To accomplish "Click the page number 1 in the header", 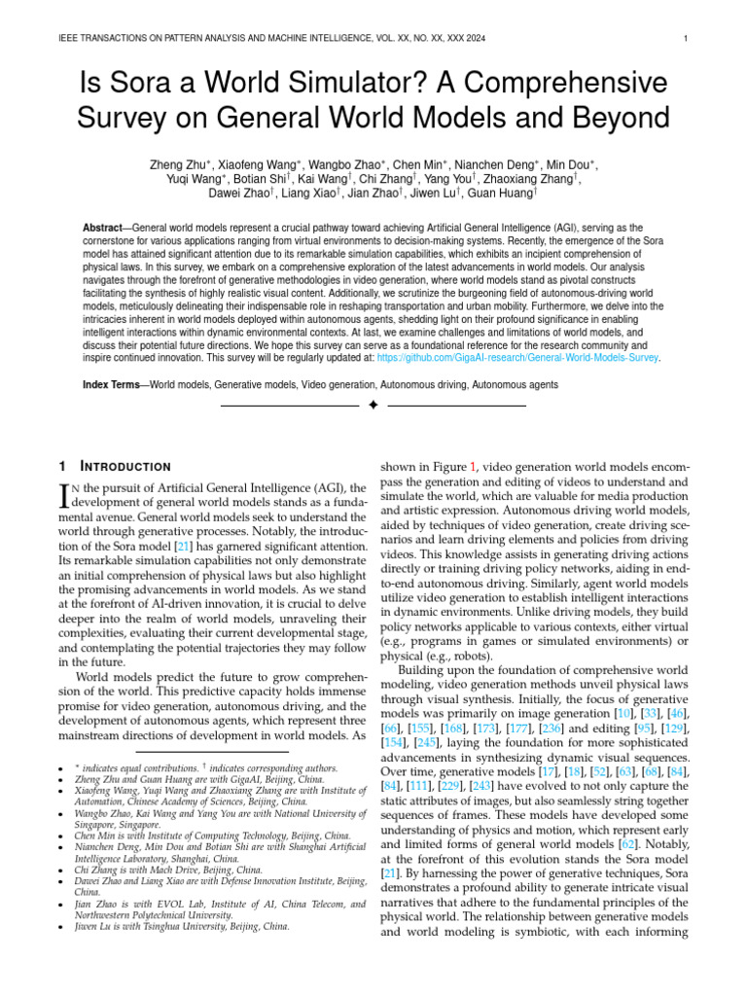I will tap(687, 39).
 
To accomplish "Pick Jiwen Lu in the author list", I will tap(434, 193).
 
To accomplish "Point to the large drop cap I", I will tap(65, 496).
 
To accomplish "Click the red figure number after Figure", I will tap(474, 467).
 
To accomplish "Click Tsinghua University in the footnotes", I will tap(191, 927).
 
